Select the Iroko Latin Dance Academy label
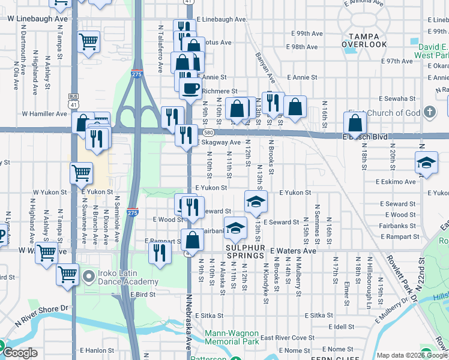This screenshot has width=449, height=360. coord(121,277)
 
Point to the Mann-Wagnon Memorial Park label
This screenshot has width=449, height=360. coord(232,337)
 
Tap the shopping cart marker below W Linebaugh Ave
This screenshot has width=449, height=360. coord(89,42)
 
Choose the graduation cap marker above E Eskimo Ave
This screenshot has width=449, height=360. coord(426,163)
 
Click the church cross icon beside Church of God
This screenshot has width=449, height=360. coord(429,112)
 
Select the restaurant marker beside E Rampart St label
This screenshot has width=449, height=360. coord(159,251)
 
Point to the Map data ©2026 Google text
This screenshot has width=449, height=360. coord(412,355)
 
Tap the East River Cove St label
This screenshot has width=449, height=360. coord(287,338)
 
